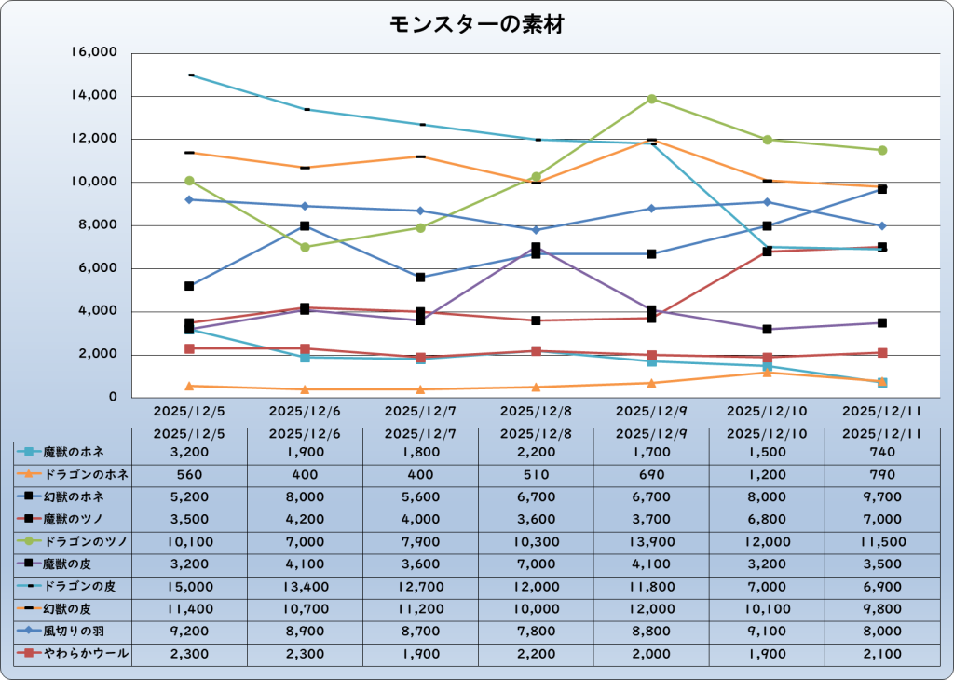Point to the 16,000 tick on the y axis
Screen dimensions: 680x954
[94, 53]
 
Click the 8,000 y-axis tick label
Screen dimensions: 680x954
[98, 225]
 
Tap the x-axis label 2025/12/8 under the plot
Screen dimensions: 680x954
[537, 410]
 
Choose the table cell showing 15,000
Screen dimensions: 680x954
[189, 587]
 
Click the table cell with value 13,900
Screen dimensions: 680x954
[651, 542]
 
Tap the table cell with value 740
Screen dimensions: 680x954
[881, 452]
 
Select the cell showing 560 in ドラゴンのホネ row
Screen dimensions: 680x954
[189, 474]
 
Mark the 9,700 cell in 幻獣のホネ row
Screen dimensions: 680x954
[881, 496]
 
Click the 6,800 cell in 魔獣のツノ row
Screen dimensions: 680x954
[767, 520]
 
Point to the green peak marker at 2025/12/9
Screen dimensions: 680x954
[652, 99]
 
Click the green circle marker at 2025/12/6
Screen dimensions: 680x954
[305, 247]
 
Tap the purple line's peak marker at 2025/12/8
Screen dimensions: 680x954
[537, 248]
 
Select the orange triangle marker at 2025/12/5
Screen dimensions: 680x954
[189, 386]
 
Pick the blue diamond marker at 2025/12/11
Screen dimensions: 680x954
[881, 225]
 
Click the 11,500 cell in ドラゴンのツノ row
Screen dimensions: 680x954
[881, 542]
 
